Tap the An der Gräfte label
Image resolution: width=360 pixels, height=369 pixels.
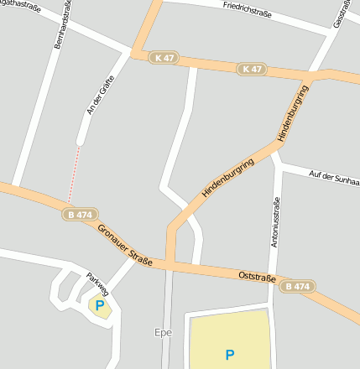coord(100,94)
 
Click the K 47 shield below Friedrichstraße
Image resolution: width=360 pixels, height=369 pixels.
coord(252,69)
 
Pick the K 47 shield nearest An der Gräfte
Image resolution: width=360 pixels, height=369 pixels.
coord(164,57)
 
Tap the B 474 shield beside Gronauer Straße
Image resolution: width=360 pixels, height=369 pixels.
coord(80,215)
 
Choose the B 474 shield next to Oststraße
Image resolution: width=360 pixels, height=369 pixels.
coord(296,286)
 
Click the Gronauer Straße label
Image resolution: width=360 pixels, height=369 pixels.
coord(125,245)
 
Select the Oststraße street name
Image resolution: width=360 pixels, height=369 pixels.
coord(258,276)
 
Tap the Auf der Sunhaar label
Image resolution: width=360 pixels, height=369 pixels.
coord(334,176)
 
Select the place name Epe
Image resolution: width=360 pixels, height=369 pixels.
coord(163,332)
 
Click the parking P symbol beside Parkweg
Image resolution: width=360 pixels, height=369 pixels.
coord(100,306)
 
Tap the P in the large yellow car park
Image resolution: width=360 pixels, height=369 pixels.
coord(229,355)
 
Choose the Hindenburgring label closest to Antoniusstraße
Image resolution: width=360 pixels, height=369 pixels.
coord(293,112)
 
